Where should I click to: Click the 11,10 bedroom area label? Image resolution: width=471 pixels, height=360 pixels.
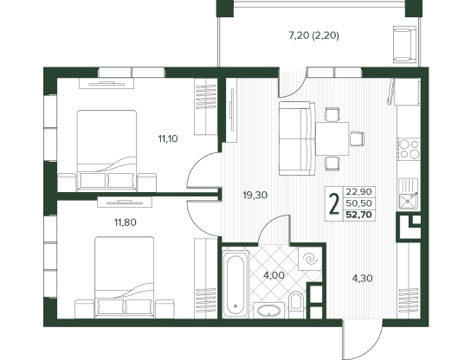(x=168, y=138)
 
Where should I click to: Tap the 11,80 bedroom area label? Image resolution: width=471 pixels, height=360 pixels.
(x=125, y=222)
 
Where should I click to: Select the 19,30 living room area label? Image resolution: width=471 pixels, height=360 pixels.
(x=255, y=196)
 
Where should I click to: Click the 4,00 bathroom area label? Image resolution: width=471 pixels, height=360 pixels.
(x=273, y=275)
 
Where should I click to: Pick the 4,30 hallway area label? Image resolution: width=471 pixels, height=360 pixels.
(x=362, y=279)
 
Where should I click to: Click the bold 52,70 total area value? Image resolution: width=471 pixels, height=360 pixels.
(x=359, y=215)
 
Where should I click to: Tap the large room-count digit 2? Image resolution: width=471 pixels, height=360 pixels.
(x=334, y=204)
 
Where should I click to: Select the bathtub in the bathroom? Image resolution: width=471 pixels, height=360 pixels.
(x=235, y=285)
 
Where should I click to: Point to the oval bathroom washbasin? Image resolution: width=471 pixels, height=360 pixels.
(x=268, y=310)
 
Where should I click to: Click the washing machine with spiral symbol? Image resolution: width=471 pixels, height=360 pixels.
(x=310, y=258)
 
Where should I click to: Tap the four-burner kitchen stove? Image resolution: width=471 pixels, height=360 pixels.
(x=410, y=149)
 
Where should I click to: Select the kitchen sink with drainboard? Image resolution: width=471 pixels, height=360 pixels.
(x=409, y=194)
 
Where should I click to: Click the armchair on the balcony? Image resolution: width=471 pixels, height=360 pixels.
(x=404, y=44)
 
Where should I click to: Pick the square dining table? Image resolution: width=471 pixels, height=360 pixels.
(x=332, y=138)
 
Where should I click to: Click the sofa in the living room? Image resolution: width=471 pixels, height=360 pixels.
(x=297, y=138)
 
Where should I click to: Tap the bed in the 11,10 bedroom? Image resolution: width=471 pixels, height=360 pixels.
(x=107, y=150)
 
